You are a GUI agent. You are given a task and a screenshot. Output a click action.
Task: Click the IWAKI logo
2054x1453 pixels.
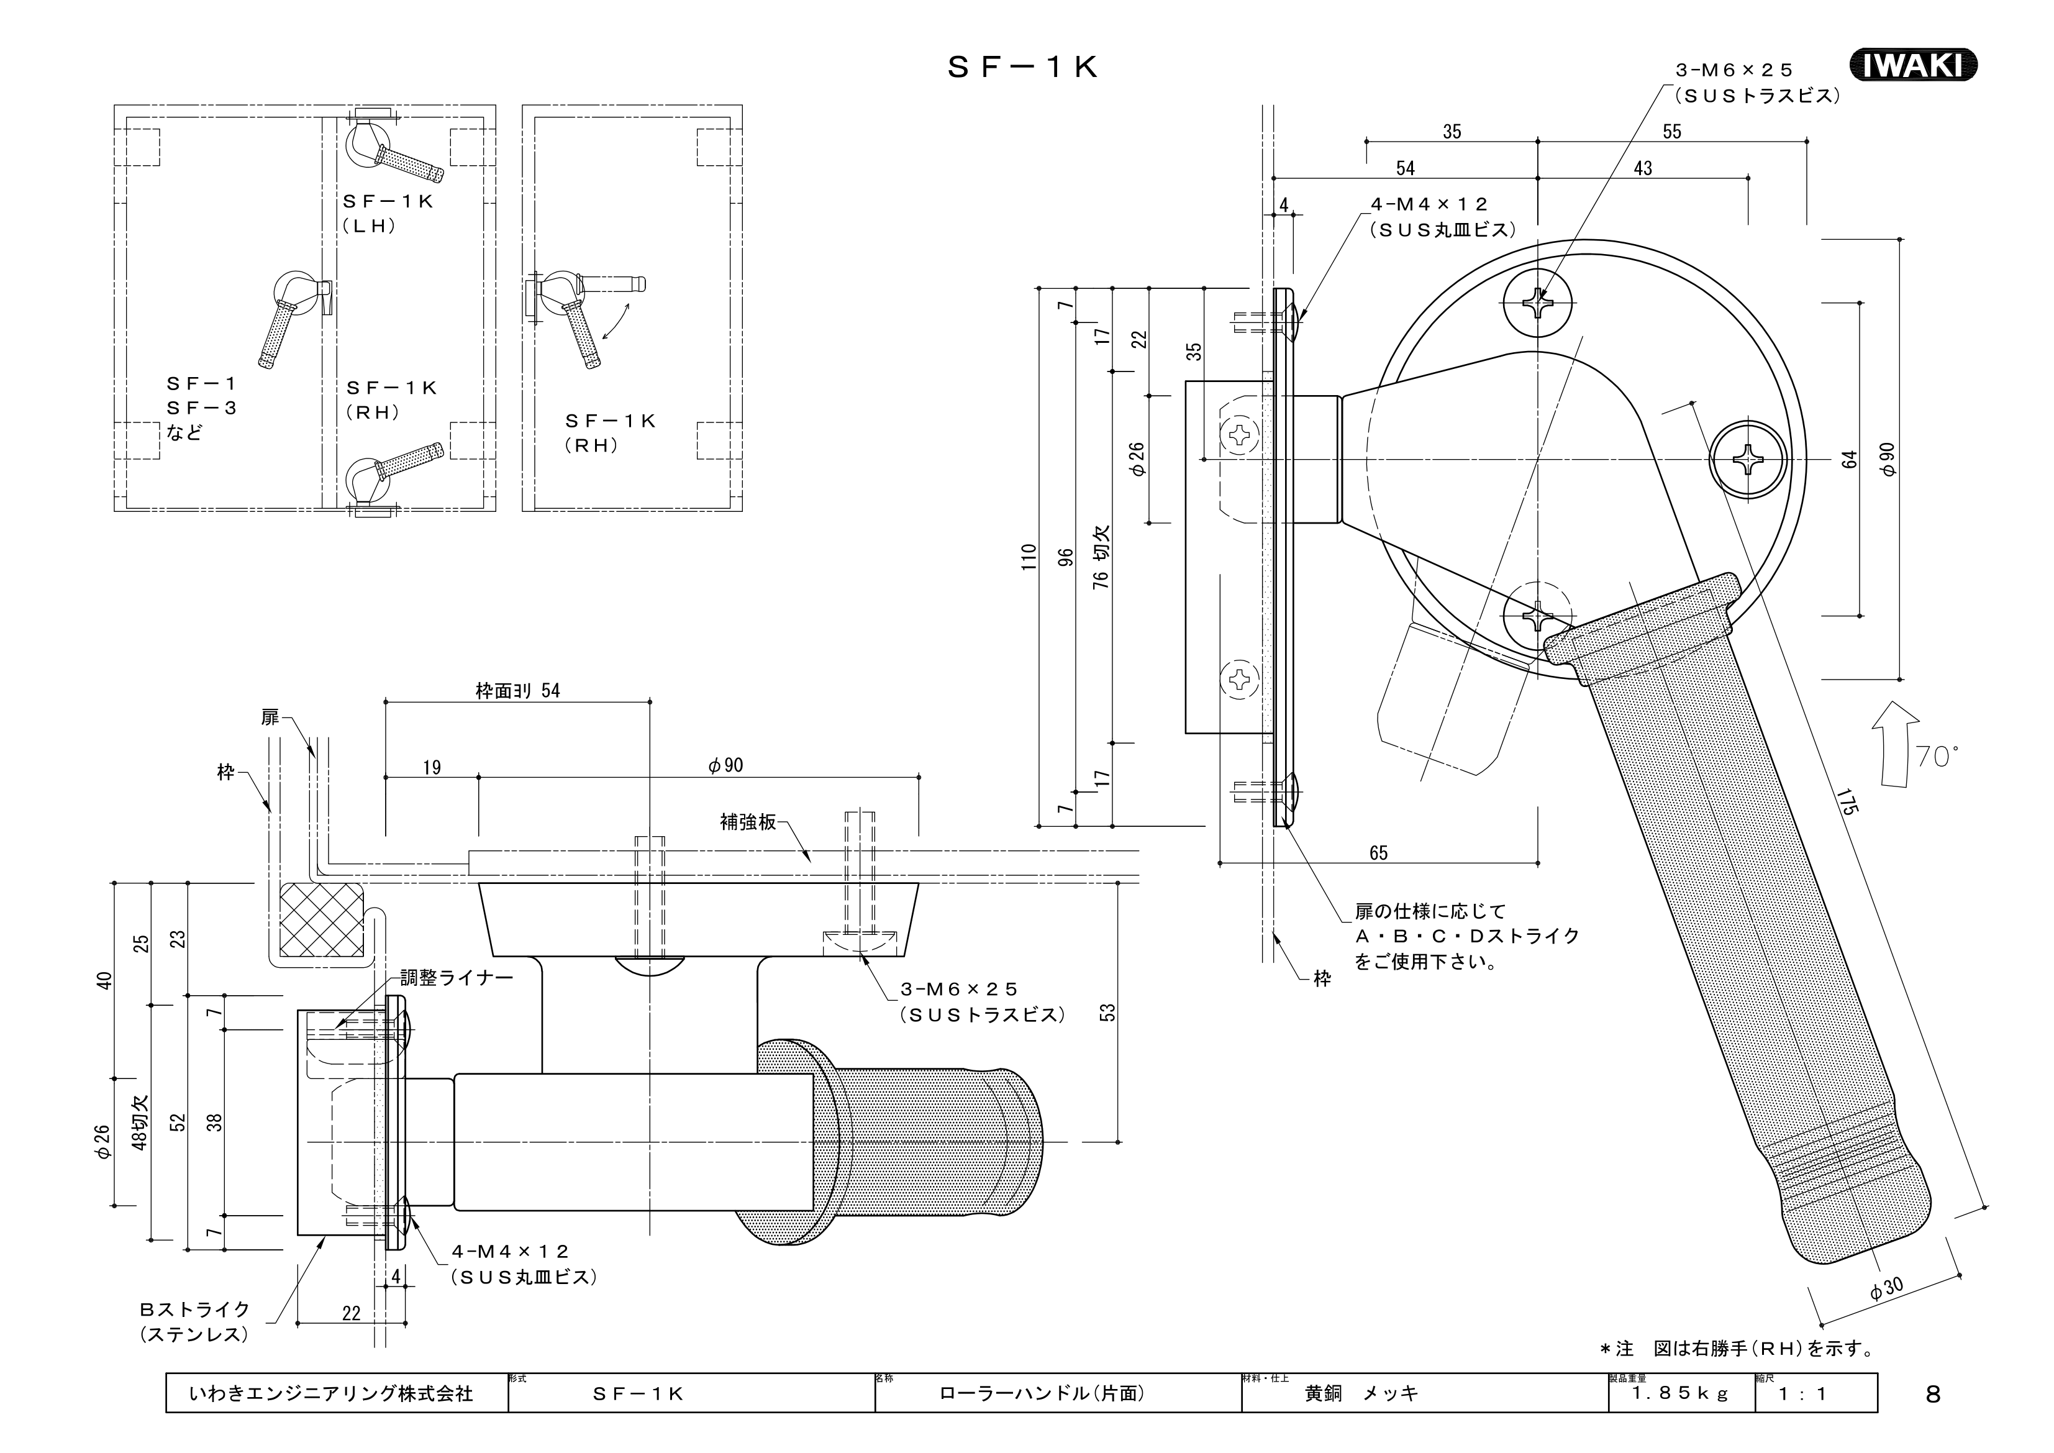pyautogui.click(x=1912, y=65)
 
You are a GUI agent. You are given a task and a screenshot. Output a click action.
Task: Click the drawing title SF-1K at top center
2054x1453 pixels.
pyautogui.click(x=1022, y=68)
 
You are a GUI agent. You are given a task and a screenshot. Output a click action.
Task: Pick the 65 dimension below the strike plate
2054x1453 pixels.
pyautogui.click(x=1379, y=853)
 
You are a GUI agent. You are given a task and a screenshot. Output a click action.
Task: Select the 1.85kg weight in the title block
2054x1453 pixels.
pyautogui.click(x=1681, y=1394)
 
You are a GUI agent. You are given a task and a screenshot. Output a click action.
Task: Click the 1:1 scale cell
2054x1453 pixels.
pyautogui.click(x=1802, y=1393)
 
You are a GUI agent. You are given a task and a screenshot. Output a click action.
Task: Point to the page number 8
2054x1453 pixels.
pyautogui.click(x=1934, y=1394)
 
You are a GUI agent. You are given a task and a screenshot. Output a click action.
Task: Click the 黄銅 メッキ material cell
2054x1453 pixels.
pyautogui.click(x=1361, y=1393)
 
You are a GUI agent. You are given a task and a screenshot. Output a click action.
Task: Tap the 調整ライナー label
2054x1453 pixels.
pyautogui.click(x=457, y=978)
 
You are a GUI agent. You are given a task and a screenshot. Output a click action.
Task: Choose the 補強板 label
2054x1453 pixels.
pyautogui.click(x=748, y=821)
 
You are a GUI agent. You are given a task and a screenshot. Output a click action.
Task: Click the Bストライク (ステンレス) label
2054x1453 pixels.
pyautogui.click(x=194, y=1321)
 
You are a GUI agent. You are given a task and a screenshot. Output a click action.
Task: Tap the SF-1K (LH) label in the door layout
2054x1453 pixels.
pyautogui.click(x=388, y=214)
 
